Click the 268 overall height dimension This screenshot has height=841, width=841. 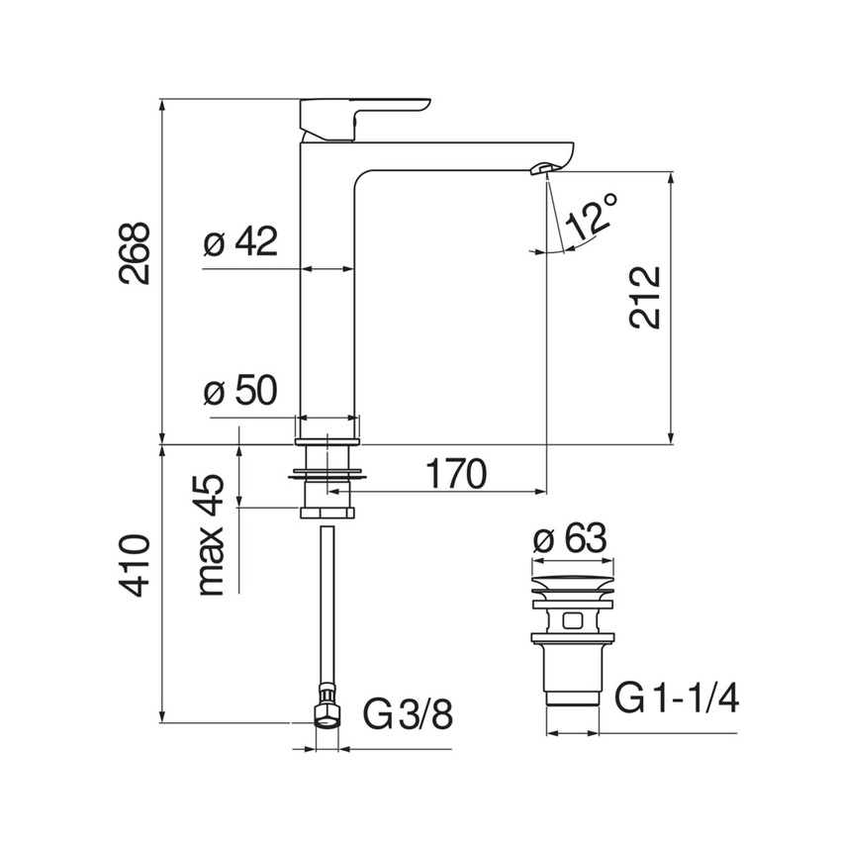134,252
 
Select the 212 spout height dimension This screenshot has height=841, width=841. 644,297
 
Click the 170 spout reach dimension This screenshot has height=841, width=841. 456,474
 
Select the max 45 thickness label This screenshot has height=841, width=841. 211,534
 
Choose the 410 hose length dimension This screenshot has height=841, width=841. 134,565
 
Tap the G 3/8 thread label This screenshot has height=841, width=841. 409,714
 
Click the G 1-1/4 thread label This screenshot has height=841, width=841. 677,698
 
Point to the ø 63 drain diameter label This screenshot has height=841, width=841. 570,538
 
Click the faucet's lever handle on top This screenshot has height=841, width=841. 365,119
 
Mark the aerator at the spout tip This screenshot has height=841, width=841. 540,169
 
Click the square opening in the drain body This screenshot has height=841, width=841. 572,620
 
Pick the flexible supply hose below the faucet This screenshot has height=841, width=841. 327,605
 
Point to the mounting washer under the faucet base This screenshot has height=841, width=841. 327,475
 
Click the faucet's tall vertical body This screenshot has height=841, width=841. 327,290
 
